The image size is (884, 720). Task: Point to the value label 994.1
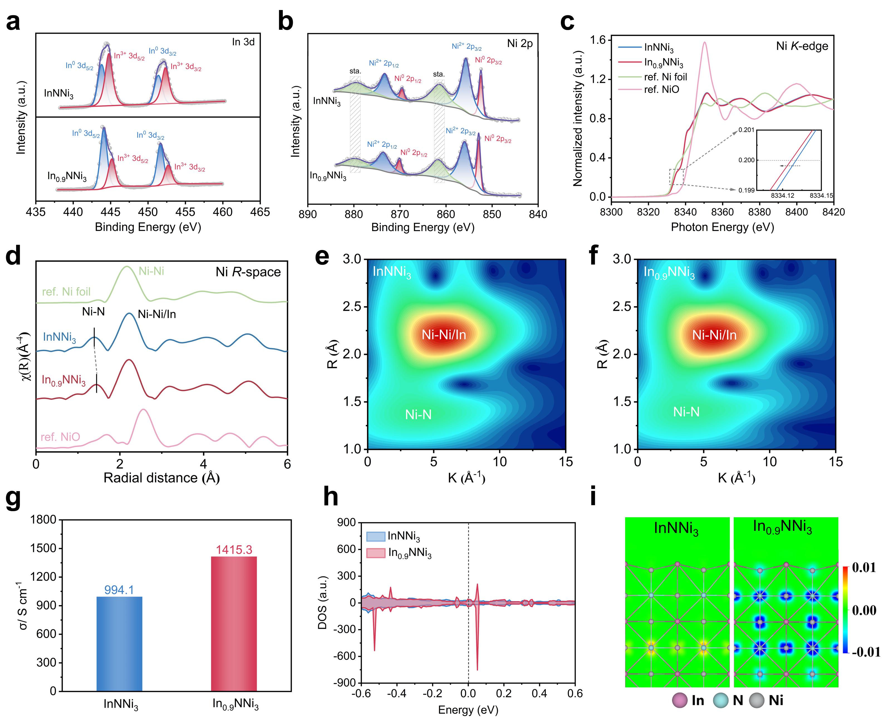(119, 590)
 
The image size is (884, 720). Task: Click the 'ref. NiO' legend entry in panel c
(662, 90)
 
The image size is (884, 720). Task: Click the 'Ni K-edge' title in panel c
(802, 46)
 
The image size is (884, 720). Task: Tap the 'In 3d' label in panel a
(243, 42)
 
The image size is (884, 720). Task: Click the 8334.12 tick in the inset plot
(782, 195)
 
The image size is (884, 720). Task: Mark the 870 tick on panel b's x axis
(400, 214)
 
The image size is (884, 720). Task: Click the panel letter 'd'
(13, 256)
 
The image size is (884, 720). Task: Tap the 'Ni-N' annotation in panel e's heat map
(418, 414)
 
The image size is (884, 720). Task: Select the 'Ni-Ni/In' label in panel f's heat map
(714, 335)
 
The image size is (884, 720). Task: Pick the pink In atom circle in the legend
(680, 701)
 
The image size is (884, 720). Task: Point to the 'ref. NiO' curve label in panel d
(60, 437)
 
